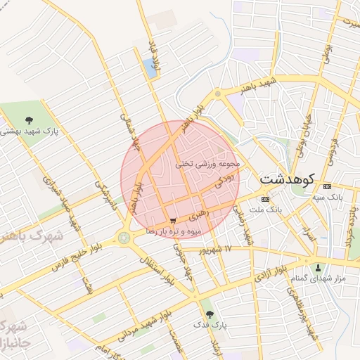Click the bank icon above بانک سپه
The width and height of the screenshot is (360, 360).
tap(327, 187)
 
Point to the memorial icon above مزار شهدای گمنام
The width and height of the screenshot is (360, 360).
tap(318, 267)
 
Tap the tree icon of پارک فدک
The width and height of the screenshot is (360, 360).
tap(208, 314)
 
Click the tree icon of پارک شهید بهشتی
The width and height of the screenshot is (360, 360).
tap(29, 120)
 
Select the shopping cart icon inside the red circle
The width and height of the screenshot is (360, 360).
tap(173, 221)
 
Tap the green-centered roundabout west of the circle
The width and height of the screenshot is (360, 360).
tap(125, 238)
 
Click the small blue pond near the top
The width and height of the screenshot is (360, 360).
tap(149, 68)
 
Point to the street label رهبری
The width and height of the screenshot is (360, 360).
tap(199, 210)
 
